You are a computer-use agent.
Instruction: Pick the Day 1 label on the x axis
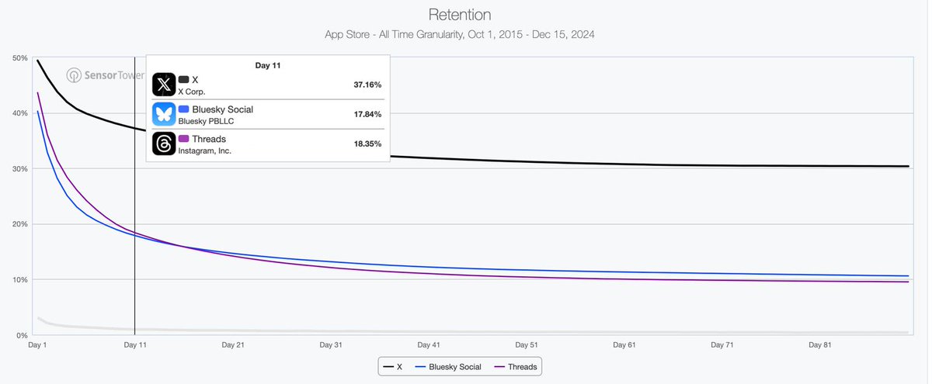(37, 344)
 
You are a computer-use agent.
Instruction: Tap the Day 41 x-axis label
(429, 344)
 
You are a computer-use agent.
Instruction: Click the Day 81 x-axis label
(821, 344)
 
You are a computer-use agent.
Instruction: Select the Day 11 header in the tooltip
(267, 66)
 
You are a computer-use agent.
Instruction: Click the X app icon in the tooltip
(164, 85)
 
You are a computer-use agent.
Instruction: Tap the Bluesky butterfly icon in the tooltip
(164, 115)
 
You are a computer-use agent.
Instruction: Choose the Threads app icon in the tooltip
(164, 144)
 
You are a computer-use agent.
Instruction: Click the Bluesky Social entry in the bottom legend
(448, 366)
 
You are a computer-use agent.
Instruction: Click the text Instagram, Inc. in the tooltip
(204, 151)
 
